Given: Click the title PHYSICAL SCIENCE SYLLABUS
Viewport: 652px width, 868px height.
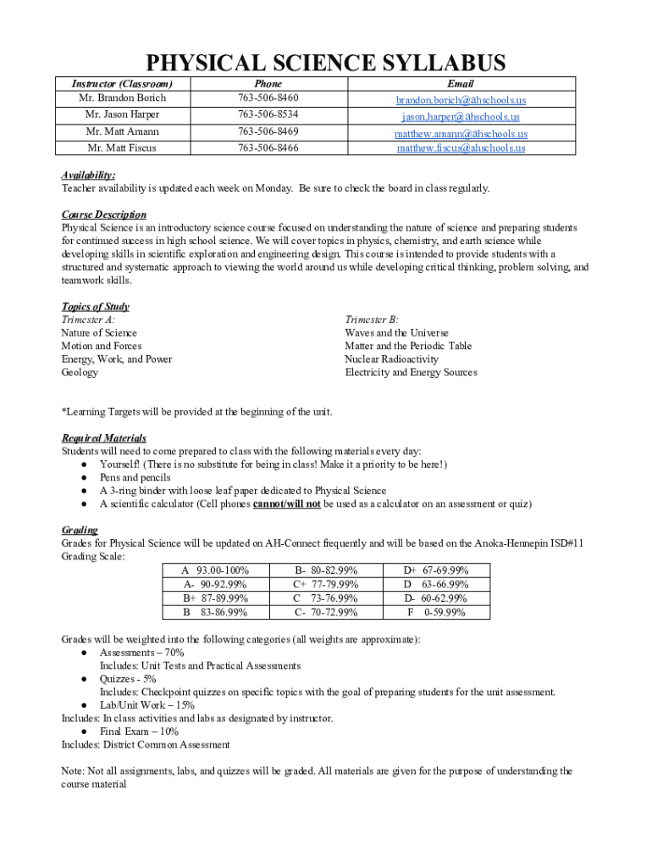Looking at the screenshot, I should pyautogui.click(x=326, y=63).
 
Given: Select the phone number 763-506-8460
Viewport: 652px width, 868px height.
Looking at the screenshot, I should pyautogui.click(x=268, y=98).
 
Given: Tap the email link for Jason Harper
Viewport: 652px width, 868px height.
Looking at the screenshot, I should pyautogui.click(x=461, y=116).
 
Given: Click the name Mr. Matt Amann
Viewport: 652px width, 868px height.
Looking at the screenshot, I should pyautogui.click(x=122, y=131).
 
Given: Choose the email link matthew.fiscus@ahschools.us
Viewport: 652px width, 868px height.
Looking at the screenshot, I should pyautogui.click(x=461, y=147).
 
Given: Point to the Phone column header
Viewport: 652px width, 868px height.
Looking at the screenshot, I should pyautogui.click(x=268, y=84).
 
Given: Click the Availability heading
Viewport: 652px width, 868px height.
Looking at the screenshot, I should pyautogui.click(x=88, y=175).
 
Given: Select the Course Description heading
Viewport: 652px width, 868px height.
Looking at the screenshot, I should pyautogui.click(x=103, y=214).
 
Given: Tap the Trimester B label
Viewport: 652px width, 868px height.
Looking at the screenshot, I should pyautogui.click(x=371, y=320).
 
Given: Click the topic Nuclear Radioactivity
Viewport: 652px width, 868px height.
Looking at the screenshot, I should pyautogui.click(x=391, y=359).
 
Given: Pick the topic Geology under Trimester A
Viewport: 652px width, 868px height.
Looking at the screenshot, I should pyautogui.click(x=80, y=372).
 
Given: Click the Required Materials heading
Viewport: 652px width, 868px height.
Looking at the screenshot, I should pyautogui.click(x=103, y=438).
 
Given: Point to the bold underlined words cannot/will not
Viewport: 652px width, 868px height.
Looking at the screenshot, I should pyautogui.click(x=287, y=504).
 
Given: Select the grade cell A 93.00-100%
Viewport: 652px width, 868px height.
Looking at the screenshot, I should pyautogui.click(x=215, y=571).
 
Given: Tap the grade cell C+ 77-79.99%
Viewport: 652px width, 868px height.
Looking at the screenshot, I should pyautogui.click(x=325, y=585).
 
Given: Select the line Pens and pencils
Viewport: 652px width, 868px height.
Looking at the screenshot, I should pyautogui.click(x=135, y=477).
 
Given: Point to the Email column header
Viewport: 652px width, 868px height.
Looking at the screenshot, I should pyautogui.click(x=461, y=84).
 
